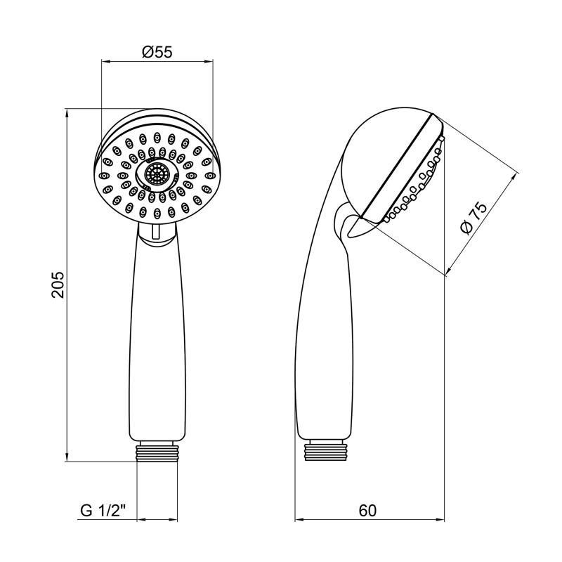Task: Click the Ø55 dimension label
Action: [x=157, y=52]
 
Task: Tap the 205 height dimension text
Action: [x=58, y=285]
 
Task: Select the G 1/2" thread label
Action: [x=103, y=510]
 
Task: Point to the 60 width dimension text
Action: [x=367, y=511]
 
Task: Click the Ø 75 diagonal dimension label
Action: [x=473, y=217]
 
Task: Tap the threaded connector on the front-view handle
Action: [x=157, y=452]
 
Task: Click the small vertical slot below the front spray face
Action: [x=155, y=232]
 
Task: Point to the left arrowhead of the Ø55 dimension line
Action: [x=106, y=61]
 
